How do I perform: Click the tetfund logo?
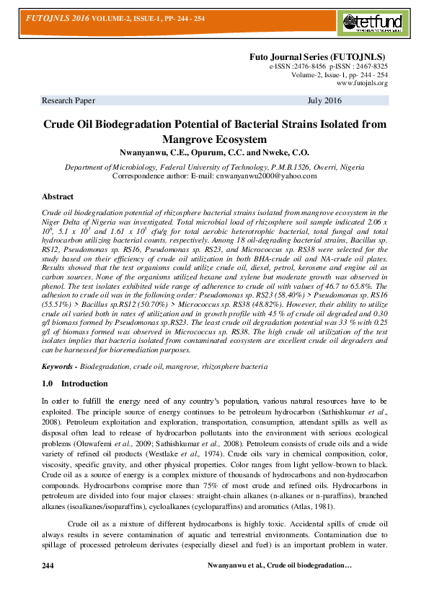(x=370, y=23)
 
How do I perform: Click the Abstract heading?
(x=58, y=196)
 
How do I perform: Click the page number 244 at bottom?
(x=48, y=583)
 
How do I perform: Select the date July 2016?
(x=324, y=100)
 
